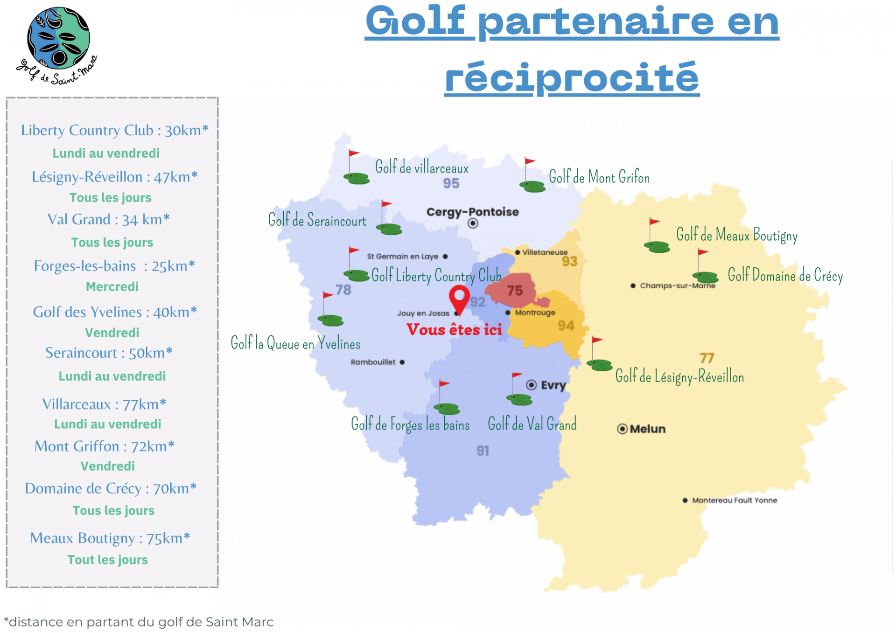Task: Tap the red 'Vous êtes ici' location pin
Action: (x=459, y=299)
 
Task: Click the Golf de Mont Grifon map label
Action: (x=599, y=177)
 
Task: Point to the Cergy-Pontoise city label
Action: (x=472, y=212)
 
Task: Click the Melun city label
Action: (x=647, y=429)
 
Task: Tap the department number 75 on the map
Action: (x=515, y=291)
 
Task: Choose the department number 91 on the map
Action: (x=483, y=451)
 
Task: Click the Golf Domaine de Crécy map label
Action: (x=785, y=275)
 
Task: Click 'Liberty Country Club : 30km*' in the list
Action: (x=115, y=130)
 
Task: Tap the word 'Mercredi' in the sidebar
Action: (x=112, y=286)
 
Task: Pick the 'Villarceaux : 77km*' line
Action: (x=104, y=404)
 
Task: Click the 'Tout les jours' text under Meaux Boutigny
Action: (x=108, y=560)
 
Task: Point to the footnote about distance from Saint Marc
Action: (x=139, y=622)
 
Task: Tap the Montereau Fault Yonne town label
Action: (x=734, y=501)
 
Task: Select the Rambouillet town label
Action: (x=373, y=362)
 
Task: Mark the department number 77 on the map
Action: (x=707, y=358)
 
